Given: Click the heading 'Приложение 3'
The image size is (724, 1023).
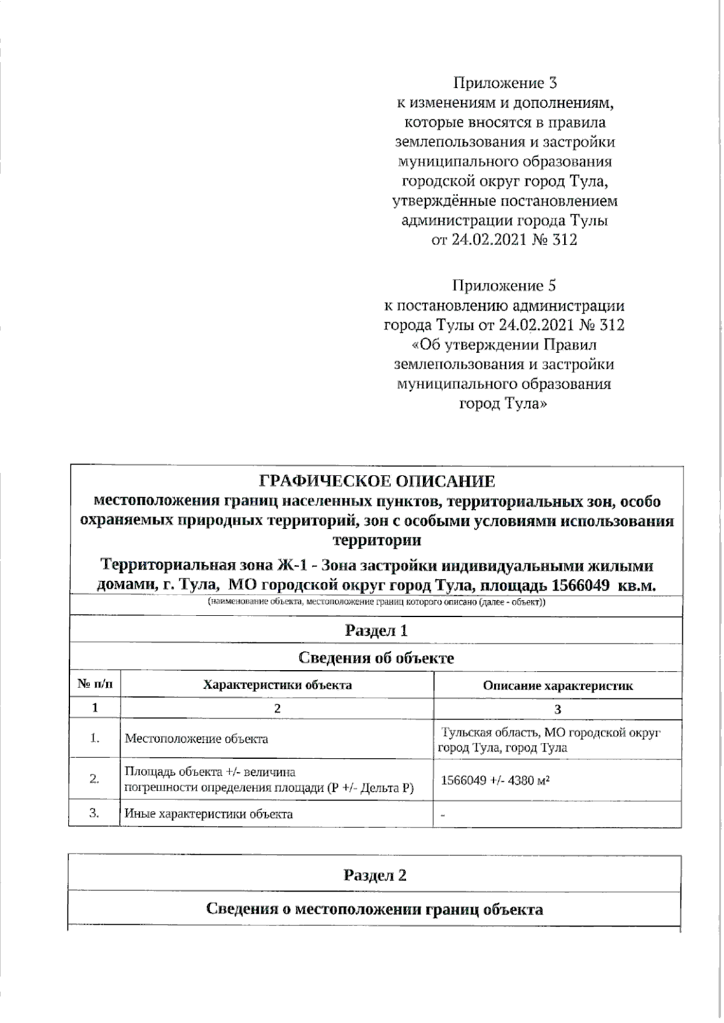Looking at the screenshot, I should tap(505, 83).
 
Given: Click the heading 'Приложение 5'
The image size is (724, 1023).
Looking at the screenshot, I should tap(505, 285).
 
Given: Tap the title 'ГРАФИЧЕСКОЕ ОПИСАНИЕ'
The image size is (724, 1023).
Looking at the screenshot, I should tap(377, 481).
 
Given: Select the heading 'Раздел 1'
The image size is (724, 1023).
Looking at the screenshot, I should tap(376, 631).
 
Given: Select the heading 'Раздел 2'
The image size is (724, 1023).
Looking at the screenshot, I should tap(375, 875).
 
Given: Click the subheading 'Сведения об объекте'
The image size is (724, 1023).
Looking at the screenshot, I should tap(376, 658).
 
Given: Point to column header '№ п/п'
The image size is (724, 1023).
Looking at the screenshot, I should tap(95, 685).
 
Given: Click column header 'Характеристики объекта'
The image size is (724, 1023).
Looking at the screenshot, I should tap(277, 685).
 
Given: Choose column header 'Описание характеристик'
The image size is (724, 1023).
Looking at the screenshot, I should tap(558, 685).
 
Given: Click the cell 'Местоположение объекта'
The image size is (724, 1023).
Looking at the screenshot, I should tap(197, 738).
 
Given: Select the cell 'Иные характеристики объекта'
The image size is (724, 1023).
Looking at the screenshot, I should tap(209, 814).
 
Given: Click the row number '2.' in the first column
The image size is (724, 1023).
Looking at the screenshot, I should tap(95, 779).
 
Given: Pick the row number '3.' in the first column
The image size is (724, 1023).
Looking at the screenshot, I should tap(95, 813).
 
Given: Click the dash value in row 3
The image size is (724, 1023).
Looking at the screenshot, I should tap(443, 815).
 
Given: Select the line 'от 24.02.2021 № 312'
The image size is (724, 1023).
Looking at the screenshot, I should tap(504, 240).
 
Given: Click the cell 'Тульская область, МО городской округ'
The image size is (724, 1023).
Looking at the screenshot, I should tap(551, 733).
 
